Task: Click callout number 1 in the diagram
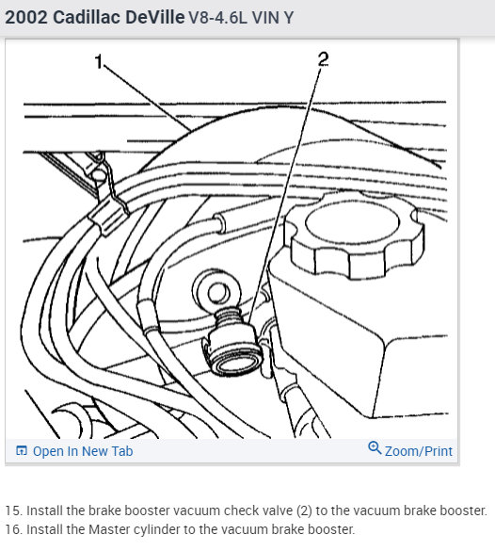coord(99,62)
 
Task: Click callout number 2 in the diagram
coord(324,58)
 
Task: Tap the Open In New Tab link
coord(83,451)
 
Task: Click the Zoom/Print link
coord(419,451)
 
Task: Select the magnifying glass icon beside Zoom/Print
coord(375,448)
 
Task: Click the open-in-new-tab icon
coord(22,450)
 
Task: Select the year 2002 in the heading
coord(26,17)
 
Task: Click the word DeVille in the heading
coord(155,17)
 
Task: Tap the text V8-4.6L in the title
coord(218,18)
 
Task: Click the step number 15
coord(14,510)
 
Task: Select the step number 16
coord(14,529)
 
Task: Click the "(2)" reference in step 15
coord(304,510)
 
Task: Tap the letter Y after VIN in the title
coord(289,18)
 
